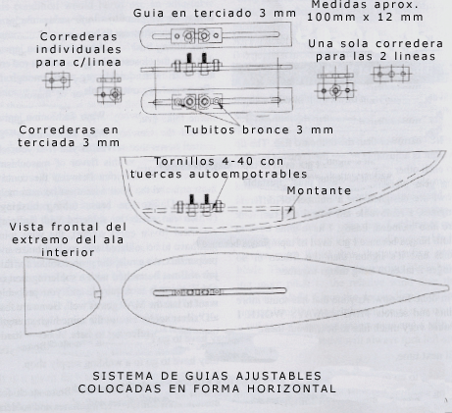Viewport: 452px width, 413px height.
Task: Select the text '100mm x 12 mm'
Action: (365, 17)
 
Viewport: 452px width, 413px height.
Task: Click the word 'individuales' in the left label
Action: (78, 49)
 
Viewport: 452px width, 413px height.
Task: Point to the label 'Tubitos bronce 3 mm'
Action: (259, 129)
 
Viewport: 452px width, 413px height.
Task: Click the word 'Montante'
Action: (319, 190)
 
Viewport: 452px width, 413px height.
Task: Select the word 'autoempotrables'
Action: (248, 175)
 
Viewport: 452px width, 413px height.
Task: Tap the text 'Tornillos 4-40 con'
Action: (219, 162)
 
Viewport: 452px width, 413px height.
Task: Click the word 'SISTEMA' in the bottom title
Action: (117, 376)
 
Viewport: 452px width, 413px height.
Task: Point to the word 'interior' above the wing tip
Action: (68, 252)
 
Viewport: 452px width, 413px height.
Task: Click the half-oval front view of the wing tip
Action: (101, 294)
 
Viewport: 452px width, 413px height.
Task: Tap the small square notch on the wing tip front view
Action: (98, 294)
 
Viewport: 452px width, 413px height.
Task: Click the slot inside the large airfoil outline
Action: (220, 291)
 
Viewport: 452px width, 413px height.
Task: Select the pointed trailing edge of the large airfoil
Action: (448, 287)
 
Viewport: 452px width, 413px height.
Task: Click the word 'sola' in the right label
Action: (350, 43)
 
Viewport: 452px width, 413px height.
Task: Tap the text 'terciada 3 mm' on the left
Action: (69, 142)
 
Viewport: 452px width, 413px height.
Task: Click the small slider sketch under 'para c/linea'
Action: (58, 80)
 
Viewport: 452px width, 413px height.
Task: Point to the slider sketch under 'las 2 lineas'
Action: (391, 75)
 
